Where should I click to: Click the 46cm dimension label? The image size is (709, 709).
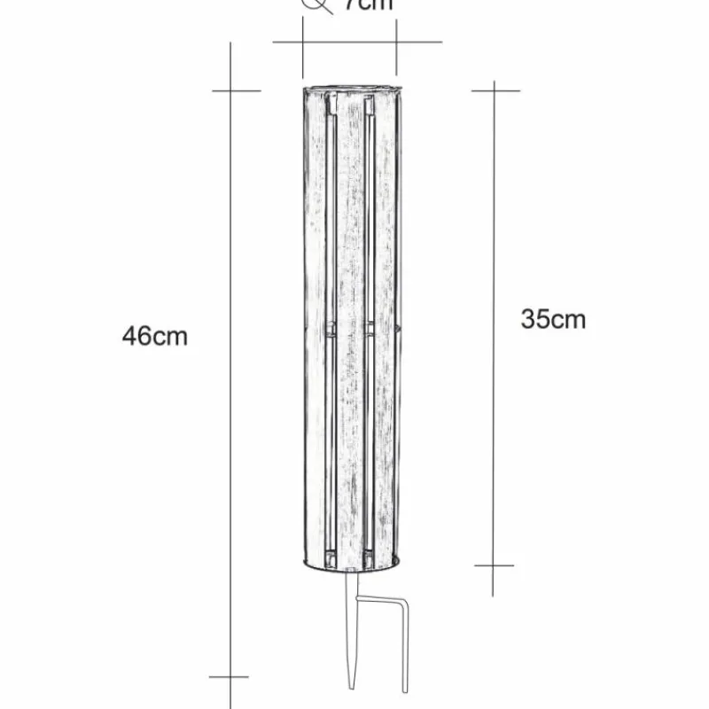pyautogui.click(x=155, y=337)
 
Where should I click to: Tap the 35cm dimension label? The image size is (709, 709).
pyautogui.click(x=553, y=319)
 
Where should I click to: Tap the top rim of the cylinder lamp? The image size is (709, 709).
pyautogui.click(x=353, y=89)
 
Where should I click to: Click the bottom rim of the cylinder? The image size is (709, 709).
pyautogui.click(x=353, y=568)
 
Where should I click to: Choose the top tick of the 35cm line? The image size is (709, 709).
pyautogui.click(x=494, y=90)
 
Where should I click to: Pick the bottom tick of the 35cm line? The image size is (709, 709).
pyautogui.click(x=494, y=565)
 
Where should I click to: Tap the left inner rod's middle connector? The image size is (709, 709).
pyautogui.click(x=330, y=329)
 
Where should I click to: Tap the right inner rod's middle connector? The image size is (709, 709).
pyautogui.click(x=370, y=329)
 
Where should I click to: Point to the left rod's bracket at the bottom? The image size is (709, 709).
pyautogui.click(x=331, y=558)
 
